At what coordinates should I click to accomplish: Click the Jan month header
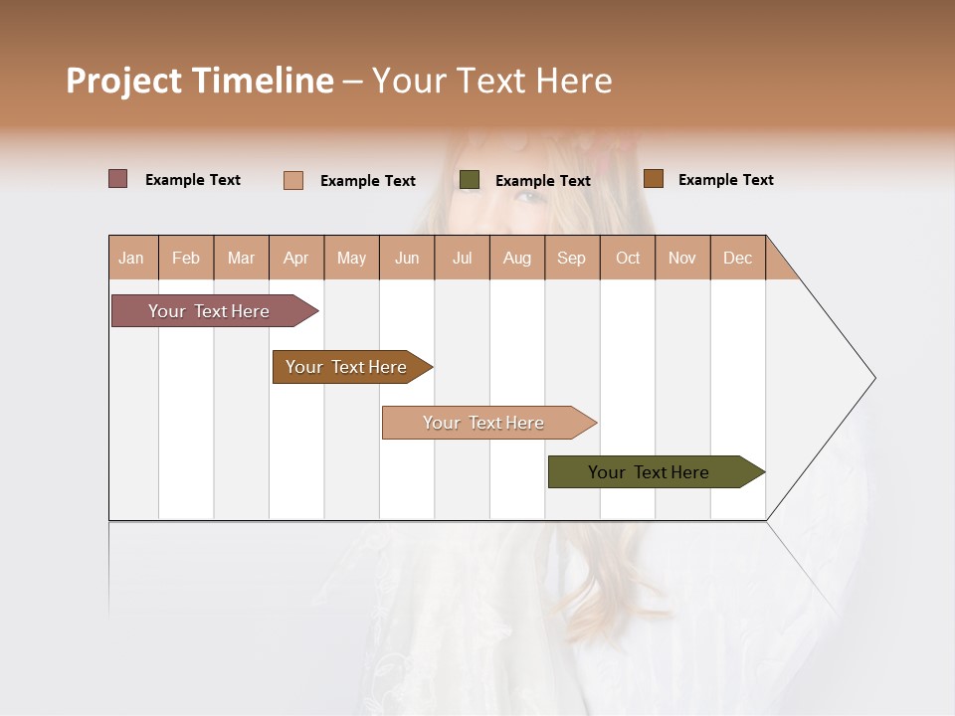[131, 258]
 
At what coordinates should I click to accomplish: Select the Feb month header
[186, 258]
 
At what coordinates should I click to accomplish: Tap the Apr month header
[295, 258]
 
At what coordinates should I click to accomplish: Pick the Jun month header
[407, 258]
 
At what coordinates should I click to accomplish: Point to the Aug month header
[516, 258]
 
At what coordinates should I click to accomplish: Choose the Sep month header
[571, 258]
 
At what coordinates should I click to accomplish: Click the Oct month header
[628, 258]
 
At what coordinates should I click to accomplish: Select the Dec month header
[737, 258]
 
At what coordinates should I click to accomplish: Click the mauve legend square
[118, 179]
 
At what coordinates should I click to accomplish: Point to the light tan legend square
[293, 180]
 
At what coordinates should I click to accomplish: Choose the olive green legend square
[470, 180]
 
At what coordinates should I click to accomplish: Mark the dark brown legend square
[653, 179]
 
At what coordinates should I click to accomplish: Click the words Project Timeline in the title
[200, 81]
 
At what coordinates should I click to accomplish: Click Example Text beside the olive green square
[542, 181]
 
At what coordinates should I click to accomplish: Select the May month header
[351, 258]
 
